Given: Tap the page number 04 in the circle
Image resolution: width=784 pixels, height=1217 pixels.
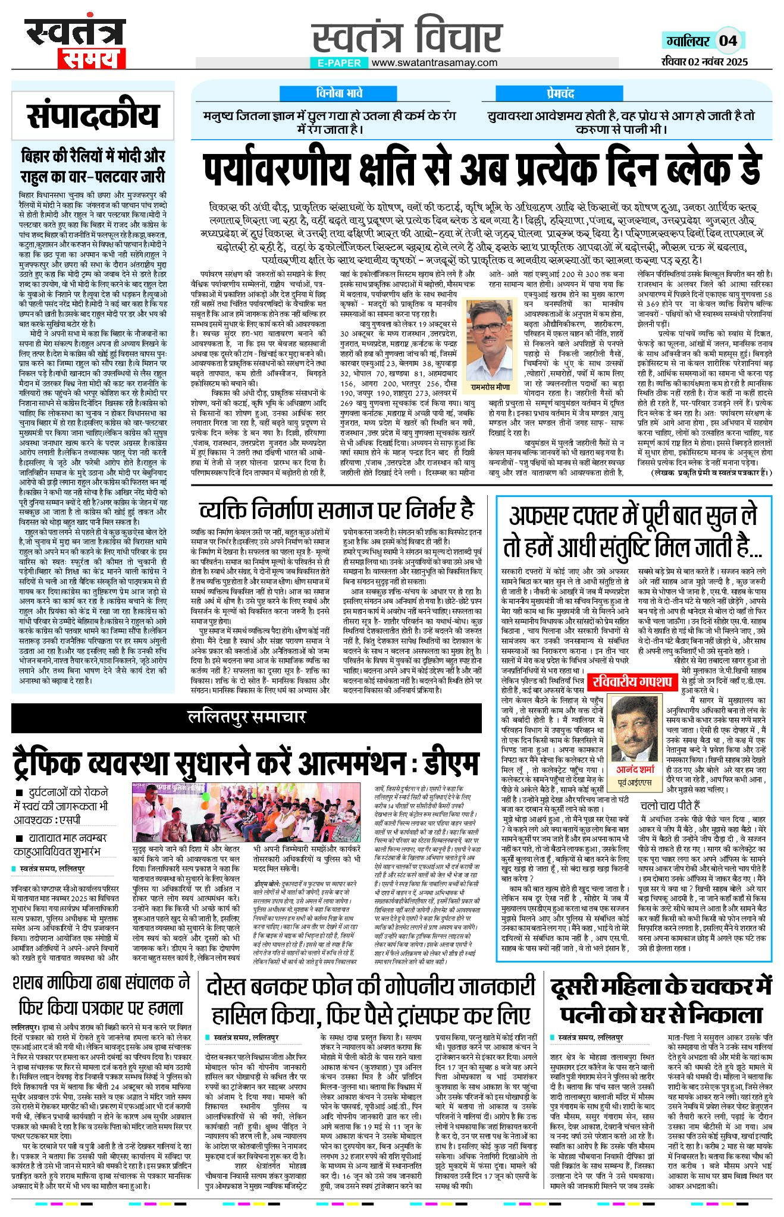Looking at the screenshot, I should coord(728,41).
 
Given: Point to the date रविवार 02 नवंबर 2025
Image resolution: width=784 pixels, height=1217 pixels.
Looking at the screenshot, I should coord(704,61).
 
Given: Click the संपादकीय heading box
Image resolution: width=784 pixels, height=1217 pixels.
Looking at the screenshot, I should coord(93,115).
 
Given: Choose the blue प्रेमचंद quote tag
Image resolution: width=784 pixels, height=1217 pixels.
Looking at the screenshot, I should coord(560,93).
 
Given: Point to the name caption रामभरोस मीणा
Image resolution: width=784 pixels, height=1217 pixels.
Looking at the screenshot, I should coord(491,386).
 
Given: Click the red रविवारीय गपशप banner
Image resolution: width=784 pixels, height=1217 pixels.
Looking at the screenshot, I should coord(631,681).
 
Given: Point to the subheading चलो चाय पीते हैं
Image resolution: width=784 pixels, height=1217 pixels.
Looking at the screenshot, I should coord(670,806).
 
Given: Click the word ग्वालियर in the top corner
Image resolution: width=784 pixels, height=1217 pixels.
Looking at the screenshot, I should coord(688,41).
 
